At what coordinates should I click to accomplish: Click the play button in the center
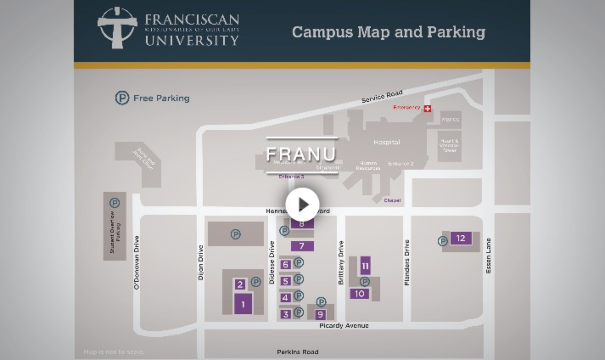pyautogui.click(x=302, y=205)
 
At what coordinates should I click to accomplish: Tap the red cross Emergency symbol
pyautogui.click(x=428, y=109)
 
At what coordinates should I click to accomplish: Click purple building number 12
pyautogui.click(x=461, y=239)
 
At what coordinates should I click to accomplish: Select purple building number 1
pyautogui.click(x=243, y=304)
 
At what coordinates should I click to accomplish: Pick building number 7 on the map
pyautogui.click(x=301, y=246)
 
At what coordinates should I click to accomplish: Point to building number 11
pyautogui.click(x=365, y=266)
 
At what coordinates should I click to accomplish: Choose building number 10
pyautogui.click(x=359, y=294)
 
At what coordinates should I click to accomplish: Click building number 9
pyautogui.click(x=320, y=314)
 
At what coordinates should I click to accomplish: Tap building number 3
pyautogui.click(x=286, y=314)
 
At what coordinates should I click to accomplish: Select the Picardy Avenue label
pyautogui.click(x=344, y=326)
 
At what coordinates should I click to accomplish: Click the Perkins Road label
pyautogui.click(x=297, y=352)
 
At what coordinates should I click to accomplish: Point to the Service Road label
pyautogui.click(x=382, y=97)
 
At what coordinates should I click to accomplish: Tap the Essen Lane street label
pyautogui.click(x=488, y=256)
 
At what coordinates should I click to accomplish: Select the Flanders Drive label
pyautogui.click(x=407, y=262)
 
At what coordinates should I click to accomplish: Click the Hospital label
pyautogui.click(x=386, y=143)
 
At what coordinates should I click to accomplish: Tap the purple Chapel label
pyautogui.click(x=392, y=200)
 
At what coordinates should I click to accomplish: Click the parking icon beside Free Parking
pyautogui.click(x=122, y=98)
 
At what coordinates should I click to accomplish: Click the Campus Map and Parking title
pyautogui.click(x=388, y=32)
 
